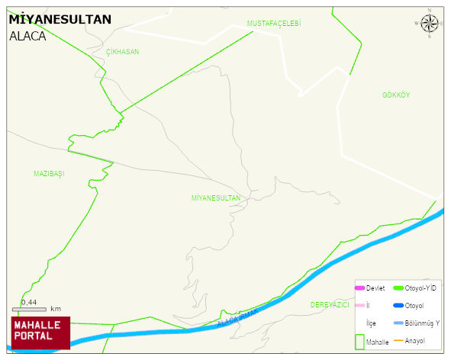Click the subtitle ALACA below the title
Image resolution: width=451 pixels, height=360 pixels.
(27, 36)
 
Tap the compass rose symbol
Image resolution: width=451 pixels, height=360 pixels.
(430, 24)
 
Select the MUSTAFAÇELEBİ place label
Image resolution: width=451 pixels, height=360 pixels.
(274, 24)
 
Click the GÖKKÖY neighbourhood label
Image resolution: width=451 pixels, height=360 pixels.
(396, 95)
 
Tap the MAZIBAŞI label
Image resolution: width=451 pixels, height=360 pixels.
(49, 174)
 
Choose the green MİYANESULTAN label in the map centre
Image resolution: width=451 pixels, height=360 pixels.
(216, 198)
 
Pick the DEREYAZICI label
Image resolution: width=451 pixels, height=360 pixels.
(330, 304)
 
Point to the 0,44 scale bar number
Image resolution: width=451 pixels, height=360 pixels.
(29, 302)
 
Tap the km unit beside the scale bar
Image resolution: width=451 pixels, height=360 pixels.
(56, 309)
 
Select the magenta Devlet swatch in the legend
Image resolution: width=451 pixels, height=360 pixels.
(359, 288)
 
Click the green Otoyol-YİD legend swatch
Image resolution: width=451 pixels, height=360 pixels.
(397, 288)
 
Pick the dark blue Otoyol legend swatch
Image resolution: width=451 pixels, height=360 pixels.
(397, 306)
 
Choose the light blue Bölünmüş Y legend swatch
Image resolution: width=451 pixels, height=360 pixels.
(397, 323)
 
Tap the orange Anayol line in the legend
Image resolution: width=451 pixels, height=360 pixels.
(397, 340)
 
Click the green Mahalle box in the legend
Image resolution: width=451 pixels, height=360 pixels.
(359, 341)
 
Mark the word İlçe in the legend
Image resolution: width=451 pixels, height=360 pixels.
(372, 323)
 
